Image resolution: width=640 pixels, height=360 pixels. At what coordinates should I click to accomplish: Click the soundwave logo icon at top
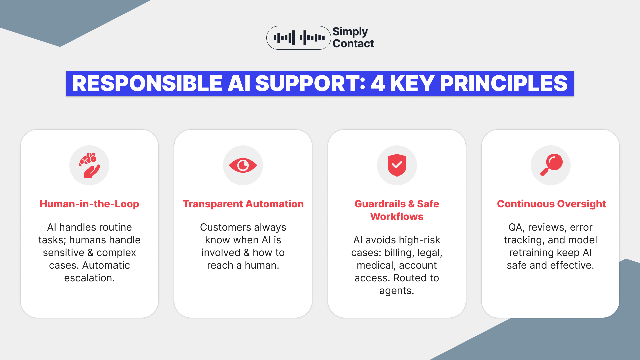[299, 38]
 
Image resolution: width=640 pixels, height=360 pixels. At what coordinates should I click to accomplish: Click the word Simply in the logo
[350, 32]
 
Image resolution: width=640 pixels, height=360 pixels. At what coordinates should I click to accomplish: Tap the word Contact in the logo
[353, 44]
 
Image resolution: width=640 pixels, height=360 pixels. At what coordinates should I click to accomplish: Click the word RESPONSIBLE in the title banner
[147, 83]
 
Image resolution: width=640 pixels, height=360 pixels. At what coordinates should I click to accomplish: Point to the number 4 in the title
[377, 83]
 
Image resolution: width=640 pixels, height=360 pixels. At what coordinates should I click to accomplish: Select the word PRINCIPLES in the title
[503, 83]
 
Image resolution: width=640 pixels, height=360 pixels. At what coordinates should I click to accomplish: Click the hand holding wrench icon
[89, 165]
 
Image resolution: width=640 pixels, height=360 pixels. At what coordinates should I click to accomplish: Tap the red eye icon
[243, 165]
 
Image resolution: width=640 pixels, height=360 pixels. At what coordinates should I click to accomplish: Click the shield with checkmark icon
[397, 165]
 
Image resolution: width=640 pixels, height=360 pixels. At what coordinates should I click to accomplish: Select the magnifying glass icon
[551, 165]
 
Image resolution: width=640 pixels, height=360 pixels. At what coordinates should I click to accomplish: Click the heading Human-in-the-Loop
[89, 204]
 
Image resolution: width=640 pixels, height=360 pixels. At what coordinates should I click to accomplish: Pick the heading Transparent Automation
[243, 204]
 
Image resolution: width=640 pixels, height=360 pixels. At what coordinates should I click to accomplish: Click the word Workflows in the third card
[397, 217]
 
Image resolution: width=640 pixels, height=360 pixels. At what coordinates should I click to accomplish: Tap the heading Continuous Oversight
[551, 204]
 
